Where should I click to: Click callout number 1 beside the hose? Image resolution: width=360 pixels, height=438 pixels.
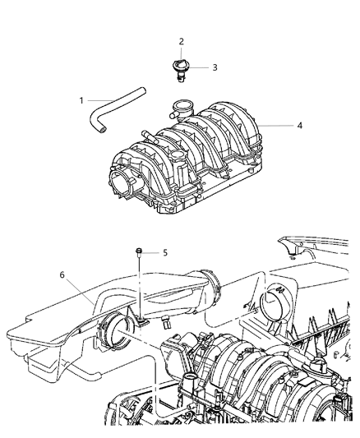pyautogui.click(x=81, y=100)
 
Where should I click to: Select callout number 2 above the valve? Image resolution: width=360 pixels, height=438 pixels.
pyautogui.click(x=182, y=41)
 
